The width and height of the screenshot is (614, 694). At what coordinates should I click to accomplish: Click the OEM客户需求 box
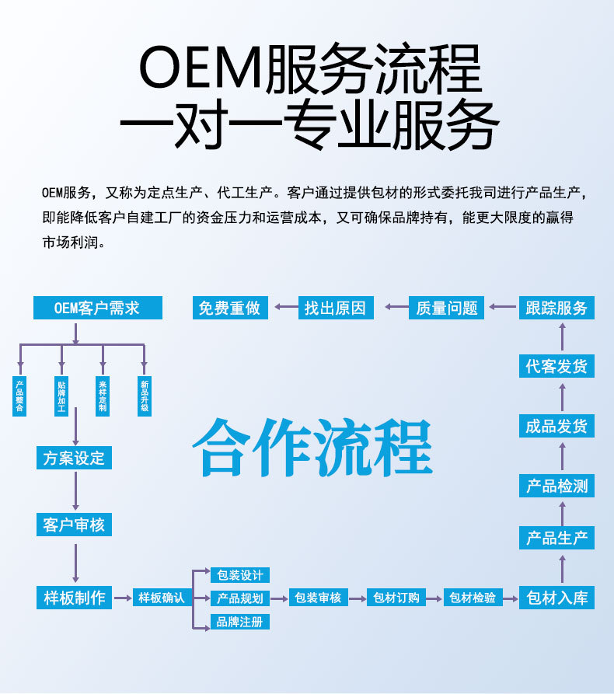click(x=97, y=308)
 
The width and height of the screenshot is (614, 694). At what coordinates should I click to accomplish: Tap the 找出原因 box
click(x=335, y=308)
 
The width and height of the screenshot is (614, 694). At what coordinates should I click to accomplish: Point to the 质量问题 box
click(x=447, y=308)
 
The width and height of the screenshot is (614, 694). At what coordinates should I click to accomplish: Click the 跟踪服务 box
click(x=556, y=308)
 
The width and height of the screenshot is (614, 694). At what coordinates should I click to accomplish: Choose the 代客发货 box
click(x=556, y=366)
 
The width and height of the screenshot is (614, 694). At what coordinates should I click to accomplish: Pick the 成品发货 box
click(x=556, y=426)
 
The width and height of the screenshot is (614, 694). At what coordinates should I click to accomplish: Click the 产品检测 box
click(x=556, y=486)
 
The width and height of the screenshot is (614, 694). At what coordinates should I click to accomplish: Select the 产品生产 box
click(x=556, y=538)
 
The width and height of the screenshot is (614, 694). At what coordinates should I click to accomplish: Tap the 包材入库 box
click(x=556, y=598)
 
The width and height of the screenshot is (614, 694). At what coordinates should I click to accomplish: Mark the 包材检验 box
click(x=473, y=598)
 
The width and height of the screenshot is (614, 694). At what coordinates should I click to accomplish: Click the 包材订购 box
click(x=396, y=598)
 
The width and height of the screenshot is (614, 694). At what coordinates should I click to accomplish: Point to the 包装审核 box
click(x=319, y=598)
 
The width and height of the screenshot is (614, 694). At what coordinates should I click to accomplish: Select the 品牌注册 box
click(x=240, y=622)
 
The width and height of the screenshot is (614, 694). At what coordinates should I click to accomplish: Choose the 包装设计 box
click(x=240, y=575)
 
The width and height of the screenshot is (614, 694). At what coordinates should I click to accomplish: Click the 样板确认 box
click(x=162, y=598)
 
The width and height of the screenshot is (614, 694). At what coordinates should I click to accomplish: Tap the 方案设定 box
click(x=75, y=458)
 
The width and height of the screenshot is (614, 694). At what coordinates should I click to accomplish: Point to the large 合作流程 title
click(x=312, y=448)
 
